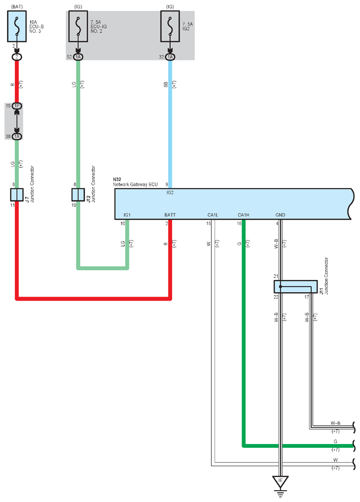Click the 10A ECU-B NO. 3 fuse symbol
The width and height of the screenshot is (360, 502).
point(17,26)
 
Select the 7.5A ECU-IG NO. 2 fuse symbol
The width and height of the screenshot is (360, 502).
point(78,26)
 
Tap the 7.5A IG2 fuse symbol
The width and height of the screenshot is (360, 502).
point(170,26)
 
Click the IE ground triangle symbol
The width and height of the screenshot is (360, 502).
point(281,482)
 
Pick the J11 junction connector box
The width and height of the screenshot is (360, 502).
point(295,287)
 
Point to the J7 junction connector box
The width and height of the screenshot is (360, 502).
point(17,195)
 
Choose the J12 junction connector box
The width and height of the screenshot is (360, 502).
point(78,195)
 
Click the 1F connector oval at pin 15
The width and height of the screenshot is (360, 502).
point(17,106)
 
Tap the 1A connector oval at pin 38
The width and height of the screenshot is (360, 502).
point(17,136)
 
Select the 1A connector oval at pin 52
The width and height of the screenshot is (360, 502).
point(78,57)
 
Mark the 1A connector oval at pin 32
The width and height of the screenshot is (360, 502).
point(170,57)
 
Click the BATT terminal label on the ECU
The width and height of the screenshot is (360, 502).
point(170,215)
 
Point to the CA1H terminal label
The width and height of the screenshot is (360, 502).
point(243,215)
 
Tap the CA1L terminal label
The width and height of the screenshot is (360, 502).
point(213,215)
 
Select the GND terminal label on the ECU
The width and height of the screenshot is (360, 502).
point(280,215)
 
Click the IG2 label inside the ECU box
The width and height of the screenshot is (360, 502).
point(170,192)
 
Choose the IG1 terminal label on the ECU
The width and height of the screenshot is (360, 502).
point(127,215)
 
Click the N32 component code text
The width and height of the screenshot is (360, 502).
point(117,180)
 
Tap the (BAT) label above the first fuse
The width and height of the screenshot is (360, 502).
point(17,7)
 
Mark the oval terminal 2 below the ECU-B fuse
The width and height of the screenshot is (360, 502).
point(17,57)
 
